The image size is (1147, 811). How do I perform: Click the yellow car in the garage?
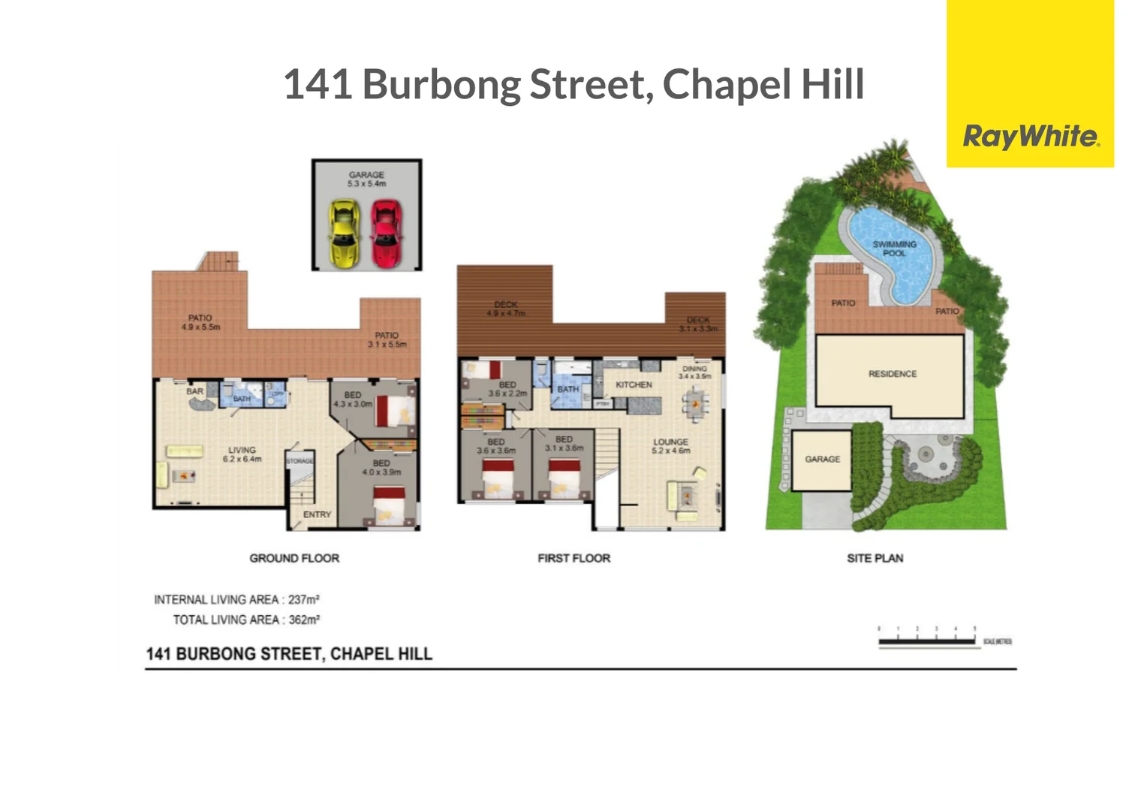(x=344, y=233)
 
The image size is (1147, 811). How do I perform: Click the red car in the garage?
(x=386, y=233)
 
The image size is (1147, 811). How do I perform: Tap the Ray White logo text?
(x=1031, y=137)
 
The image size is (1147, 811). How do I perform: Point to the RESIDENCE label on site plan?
(x=893, y=374)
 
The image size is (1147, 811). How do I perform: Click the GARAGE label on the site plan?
(x=822, y=459)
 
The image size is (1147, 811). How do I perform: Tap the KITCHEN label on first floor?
(x=634, y=384)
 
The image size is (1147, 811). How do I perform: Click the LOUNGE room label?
(x=670, y=442)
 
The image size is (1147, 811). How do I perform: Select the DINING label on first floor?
(x=694, y=369)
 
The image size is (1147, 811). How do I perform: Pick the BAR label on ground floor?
(x=195, y=391)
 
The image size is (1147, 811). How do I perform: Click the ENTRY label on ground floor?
(x=317, y=514)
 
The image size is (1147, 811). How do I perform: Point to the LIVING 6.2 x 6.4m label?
(x=242, y=454)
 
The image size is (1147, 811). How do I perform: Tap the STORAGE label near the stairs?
(x=300, y=460)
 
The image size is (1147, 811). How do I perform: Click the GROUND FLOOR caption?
(x=294, y=558)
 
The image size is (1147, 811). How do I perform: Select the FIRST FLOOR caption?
(x=573, y=558)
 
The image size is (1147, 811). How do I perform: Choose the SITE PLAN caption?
(x=875, y=558)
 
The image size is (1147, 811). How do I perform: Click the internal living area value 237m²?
(x=304, y=599)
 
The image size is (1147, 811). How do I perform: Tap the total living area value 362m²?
(x=304, y=620)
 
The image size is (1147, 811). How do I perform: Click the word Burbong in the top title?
(x=441, y=84)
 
